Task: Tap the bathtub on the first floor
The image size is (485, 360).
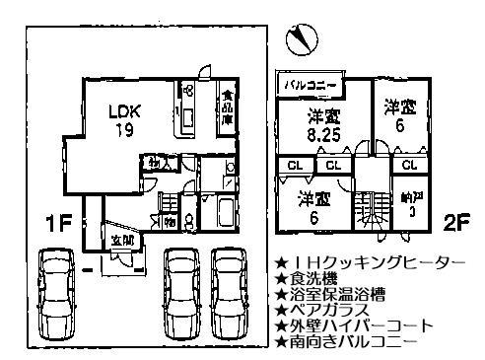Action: click(x=223, y=214)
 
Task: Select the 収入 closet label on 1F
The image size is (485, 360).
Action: click(x=156, y=161)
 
